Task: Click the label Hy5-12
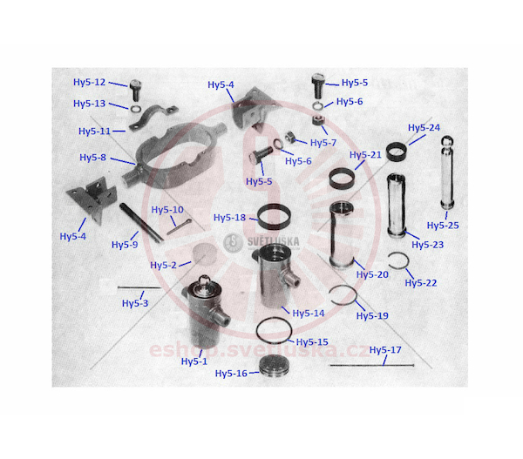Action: point(90,82)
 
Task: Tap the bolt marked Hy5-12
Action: point(135,90)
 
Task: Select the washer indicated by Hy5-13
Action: point(135,109)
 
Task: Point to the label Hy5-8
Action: point(92,157)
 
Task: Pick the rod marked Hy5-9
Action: point(141,222)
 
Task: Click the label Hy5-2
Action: point(163,265)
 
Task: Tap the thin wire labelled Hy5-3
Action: point(139,287)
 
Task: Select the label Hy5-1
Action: point(194,361)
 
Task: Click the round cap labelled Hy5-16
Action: point(275,366)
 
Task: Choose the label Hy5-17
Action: point(385,349)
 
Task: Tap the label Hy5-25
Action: point(443,226)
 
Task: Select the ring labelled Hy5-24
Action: point(397,152)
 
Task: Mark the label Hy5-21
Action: point(365,155)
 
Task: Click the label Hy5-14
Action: point(309,313)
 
